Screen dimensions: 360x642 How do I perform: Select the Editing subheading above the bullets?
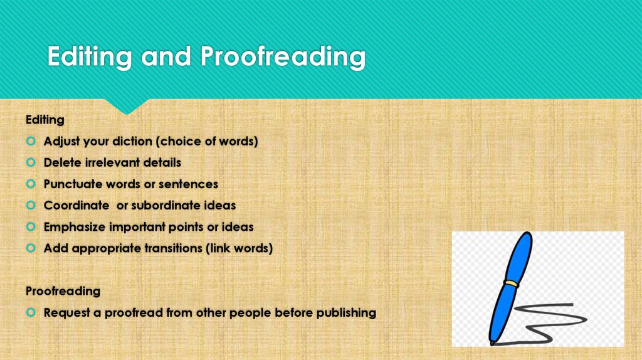pyautogui.click(x=45, y=119)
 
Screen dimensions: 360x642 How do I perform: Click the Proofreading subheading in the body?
pyautogui.click(x=63, y=291)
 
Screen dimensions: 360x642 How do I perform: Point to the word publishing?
pyautogui.click(x=344, y=312)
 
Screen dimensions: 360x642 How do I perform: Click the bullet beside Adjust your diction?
pyautogui.click(x=31, y=141)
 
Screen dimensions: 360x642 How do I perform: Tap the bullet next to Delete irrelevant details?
pyautogui.click(x=31, y=162)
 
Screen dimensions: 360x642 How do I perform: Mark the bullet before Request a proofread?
pyautogui.click(x=31, y=312)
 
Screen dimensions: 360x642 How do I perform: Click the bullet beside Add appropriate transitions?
pyautogui.click(x=31, y=248)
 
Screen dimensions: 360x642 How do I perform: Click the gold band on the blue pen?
pyautogui.click(x=512, y=284)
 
